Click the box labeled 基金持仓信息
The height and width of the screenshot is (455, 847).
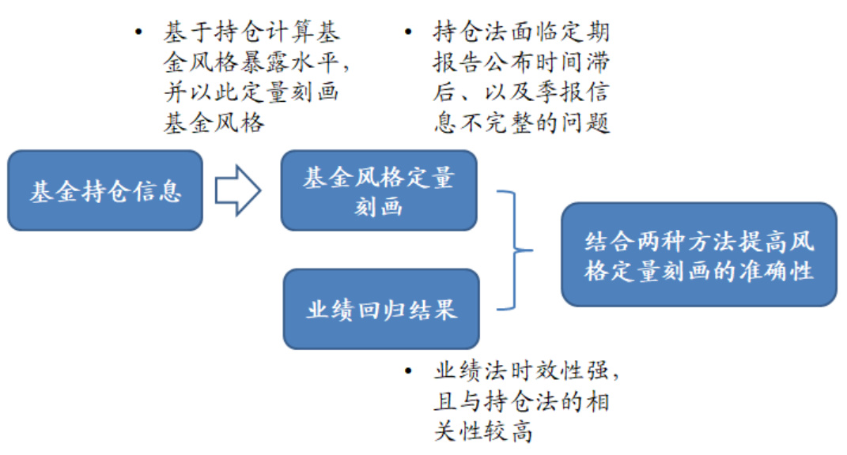(105, 191)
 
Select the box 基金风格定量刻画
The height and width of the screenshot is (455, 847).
(379, 190)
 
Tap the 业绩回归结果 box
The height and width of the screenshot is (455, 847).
(381, 309)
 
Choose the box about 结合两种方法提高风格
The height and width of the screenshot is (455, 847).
(699, 254)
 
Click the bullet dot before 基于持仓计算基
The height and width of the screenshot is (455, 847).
(139, 32)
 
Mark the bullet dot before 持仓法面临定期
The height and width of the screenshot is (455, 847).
(408, 32)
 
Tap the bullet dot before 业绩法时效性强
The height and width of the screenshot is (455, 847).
(408, 370)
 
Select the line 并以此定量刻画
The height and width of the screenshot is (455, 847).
(251, 92)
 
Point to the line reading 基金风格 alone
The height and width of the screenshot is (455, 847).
(214, 123)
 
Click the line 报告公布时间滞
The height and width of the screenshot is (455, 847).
(521, 62)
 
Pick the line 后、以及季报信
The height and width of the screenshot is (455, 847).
(521, 92)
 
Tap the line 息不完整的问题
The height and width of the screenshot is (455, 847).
(521, 123)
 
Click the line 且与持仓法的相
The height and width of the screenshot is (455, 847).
(521, 400)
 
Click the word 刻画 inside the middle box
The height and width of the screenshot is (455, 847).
(379, 205)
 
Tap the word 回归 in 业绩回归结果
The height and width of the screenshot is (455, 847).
(381, 309)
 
